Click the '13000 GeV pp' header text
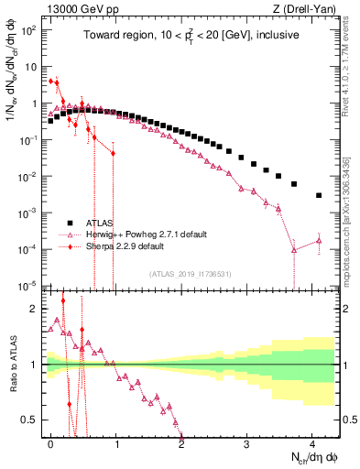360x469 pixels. click(x=78, y=9)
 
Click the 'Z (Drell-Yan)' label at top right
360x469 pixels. click(x=306, y=9)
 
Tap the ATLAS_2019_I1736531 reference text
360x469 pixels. click(x=190, y=274)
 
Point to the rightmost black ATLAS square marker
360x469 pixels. click(x=319, y=195)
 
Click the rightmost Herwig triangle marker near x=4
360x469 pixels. click(x=319, y=241)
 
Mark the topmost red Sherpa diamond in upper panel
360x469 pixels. click(x=51, y=81)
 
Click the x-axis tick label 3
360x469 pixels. click(x=247, y=442)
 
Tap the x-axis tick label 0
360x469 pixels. click(x=51, y=442)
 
